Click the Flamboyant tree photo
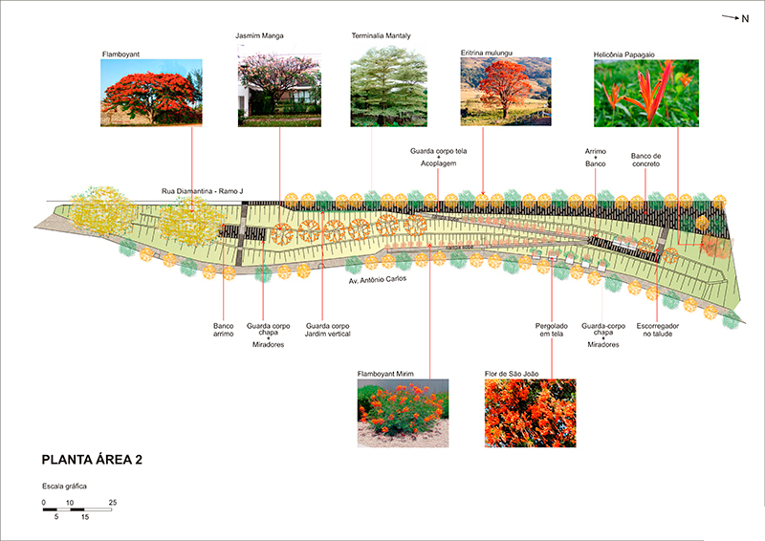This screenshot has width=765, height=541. [151, 93]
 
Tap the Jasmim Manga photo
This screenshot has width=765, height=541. [279, 84]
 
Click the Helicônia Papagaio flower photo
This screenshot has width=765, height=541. [645, 93]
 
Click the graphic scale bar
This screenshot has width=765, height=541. [77, 510]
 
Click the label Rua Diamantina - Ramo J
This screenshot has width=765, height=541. [202, 192]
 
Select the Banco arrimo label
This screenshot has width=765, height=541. [223, 331]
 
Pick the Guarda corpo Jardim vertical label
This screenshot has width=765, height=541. [328, 331]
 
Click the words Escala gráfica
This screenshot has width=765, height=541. [65, 487]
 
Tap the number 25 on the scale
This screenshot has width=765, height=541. [113, 503]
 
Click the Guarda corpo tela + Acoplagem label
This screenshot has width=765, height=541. [439, 157]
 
